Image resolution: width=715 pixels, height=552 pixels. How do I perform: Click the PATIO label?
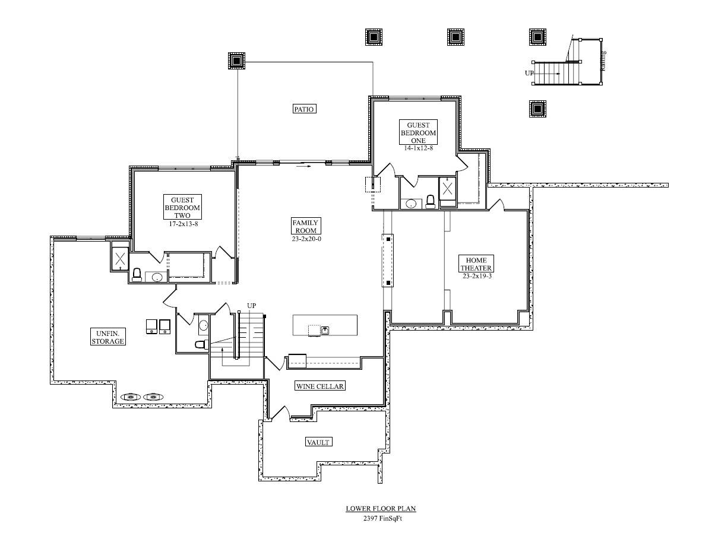[x=304, y=109]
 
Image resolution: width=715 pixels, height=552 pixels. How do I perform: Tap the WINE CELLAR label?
[x=320, y=386]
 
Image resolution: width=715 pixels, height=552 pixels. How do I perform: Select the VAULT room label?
[x=318, y=442]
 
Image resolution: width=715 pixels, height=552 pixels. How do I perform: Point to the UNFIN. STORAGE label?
[x=107, y=337]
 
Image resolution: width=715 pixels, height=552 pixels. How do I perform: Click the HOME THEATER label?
[x=476, y=264]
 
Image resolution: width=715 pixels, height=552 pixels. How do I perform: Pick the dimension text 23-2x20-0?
[x=306, y=239]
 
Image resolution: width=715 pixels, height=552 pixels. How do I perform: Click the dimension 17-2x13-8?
[x=184, y=224]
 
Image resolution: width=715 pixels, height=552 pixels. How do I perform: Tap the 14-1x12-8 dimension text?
[x=418, y=148]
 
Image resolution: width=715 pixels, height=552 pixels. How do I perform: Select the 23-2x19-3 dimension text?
[x=477, y=276]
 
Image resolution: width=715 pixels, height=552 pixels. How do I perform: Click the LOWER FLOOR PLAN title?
[x=381, y=509]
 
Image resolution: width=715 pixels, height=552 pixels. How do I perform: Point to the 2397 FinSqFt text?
[x=382, y=519]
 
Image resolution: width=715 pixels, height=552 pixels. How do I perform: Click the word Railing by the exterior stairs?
[x=603, y=61]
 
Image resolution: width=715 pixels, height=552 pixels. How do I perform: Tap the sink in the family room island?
[x=325, y=330]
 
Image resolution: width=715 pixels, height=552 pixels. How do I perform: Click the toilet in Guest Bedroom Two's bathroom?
[x=137, y=275]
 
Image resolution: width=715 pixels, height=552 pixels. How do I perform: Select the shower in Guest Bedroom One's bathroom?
[x=447, y=189]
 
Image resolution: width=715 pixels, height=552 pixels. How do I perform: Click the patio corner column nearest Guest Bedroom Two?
[x=236, y=61]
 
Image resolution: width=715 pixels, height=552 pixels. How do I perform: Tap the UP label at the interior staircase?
[x=251, y=306]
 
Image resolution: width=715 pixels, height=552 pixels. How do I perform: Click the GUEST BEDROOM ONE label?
[x=418, y=132]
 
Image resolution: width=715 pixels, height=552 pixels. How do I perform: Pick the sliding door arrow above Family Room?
[x=303, y=166]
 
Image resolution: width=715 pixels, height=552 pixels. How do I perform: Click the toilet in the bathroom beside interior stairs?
[x=202, y=344]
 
